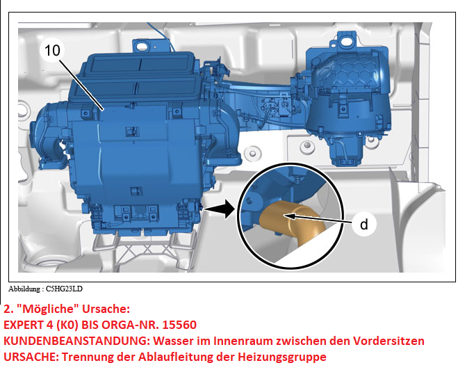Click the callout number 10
tap(52, 51)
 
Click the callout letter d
tap(364, 225)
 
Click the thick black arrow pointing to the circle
tap(220, 209)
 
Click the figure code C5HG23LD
tap(64, 289)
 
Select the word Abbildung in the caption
tap(24, 289)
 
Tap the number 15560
tap(179, 325)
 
